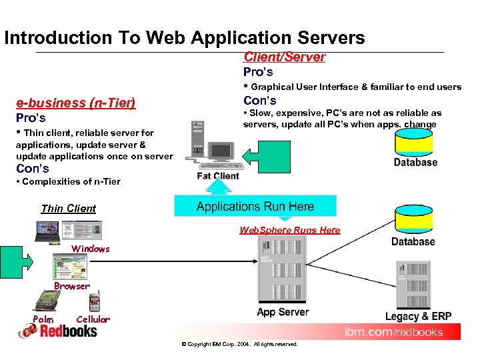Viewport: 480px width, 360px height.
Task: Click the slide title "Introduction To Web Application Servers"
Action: [185, 38]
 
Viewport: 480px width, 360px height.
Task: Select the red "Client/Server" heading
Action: [284, 57]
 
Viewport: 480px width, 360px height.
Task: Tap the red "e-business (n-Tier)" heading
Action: [76, 103]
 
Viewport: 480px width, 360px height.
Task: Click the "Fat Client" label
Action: [217, 176]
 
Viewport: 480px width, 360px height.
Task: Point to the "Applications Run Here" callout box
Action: [255, 206]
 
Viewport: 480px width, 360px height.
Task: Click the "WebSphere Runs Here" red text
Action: [289, 230]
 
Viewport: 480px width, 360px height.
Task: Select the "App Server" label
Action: [283, 312]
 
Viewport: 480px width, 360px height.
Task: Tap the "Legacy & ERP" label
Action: [418, 316]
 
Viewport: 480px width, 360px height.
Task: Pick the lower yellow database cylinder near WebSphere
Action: [413, 219]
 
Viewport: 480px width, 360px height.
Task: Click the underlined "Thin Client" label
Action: [69, 208]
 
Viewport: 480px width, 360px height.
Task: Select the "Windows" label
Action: [91, 249]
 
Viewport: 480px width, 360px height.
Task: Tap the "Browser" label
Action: [71, 286]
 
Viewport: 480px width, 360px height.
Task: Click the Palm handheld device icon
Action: [45, 302]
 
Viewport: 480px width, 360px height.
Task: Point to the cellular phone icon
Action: [94, 302]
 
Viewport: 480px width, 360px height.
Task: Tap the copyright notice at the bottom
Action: [239, 344]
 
